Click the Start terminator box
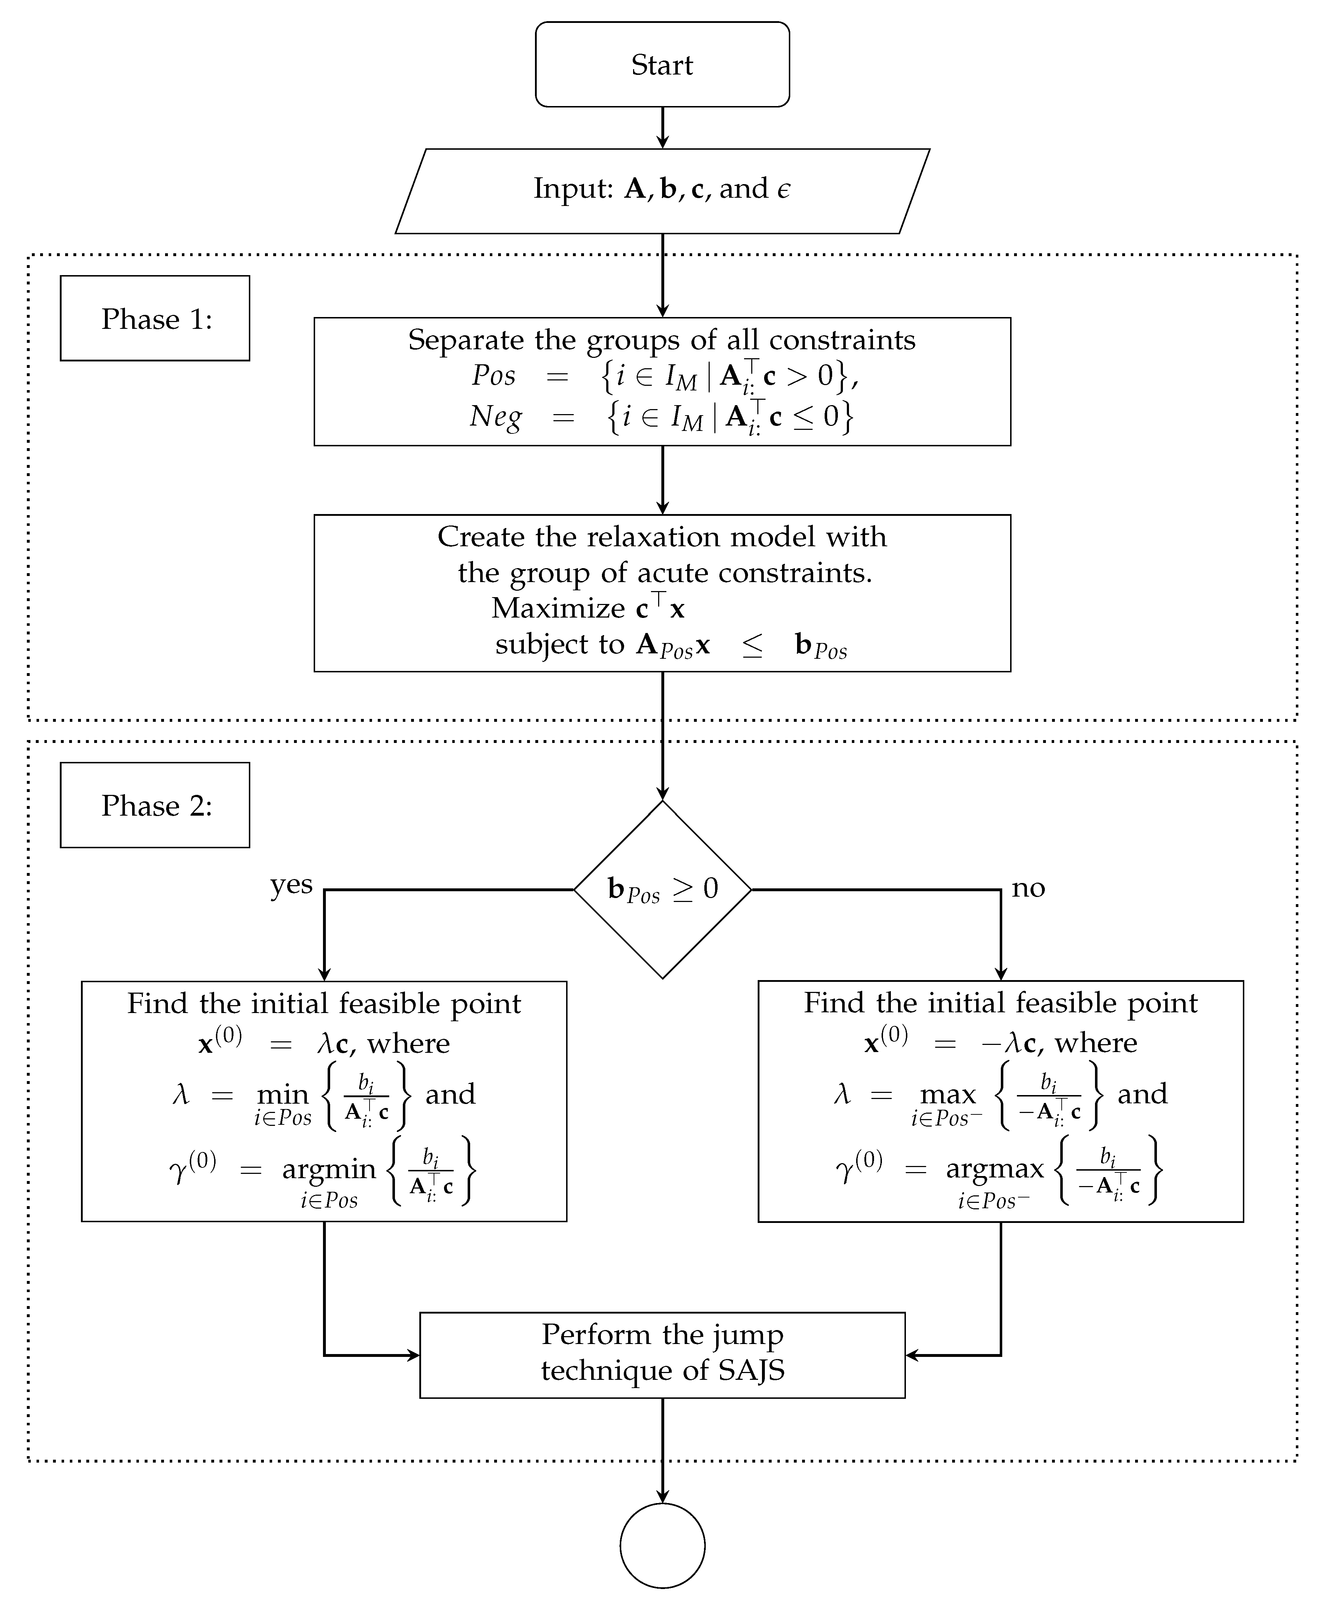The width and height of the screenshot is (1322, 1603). tap(662, 65)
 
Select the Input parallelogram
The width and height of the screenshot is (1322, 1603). tap(662, 191)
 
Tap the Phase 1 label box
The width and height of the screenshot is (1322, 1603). tap(155, 318)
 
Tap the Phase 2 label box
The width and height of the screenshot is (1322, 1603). tap(155, 805)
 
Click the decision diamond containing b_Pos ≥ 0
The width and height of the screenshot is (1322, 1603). tap(662, 889)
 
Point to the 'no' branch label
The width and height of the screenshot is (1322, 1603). tap(1028, 888)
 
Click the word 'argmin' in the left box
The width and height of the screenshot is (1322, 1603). tap(329, 1170)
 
